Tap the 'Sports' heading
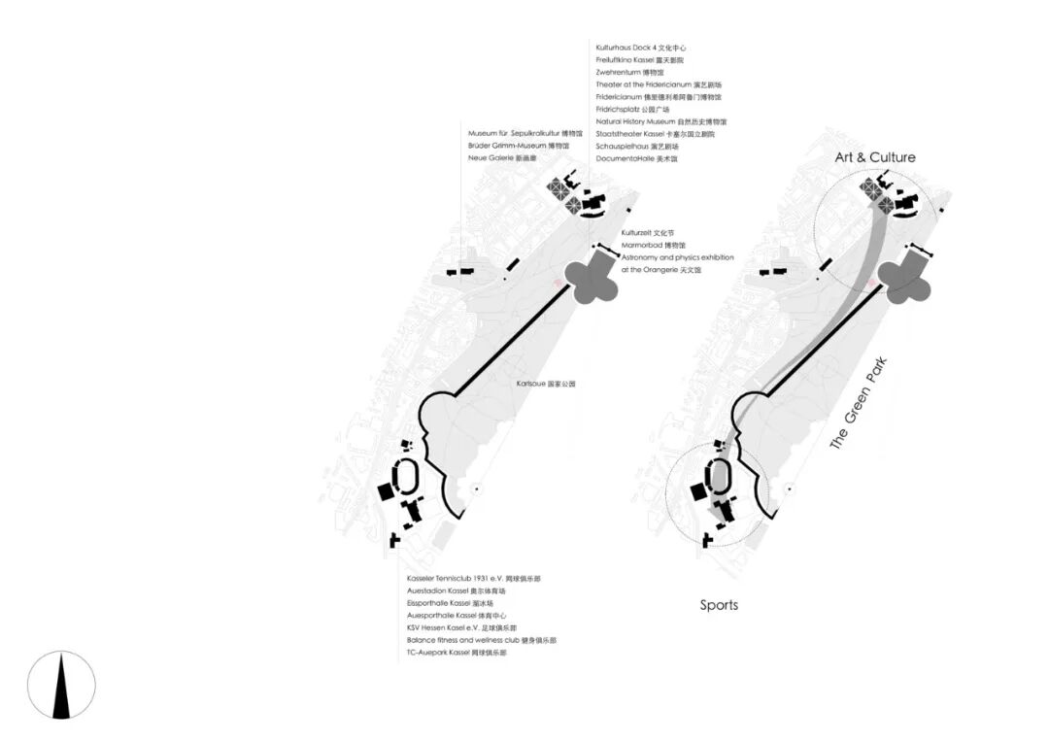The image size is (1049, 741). point(719,605)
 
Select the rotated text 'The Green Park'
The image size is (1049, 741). point(859,404)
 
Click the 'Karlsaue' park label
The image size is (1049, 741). point(547,385)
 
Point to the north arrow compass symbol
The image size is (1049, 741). point(61,685)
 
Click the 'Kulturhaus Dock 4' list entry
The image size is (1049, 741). point(641,47)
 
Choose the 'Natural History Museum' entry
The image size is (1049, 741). point(660,121)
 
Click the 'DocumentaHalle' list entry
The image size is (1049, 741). point(636,158)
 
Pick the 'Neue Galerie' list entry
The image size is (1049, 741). point(502,157)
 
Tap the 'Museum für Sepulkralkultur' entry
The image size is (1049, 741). point(525,132)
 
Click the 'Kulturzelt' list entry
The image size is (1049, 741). point(647,233)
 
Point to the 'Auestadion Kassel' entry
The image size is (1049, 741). point(456,590)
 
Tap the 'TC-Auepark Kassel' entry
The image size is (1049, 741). point(457,653)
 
